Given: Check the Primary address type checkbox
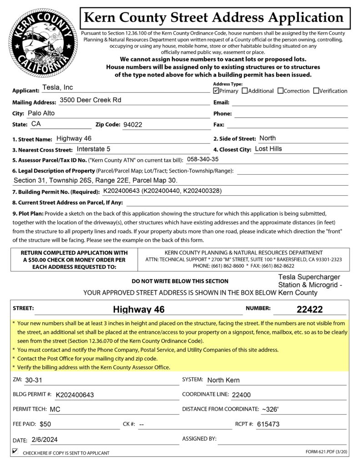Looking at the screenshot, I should (x=216, y=91).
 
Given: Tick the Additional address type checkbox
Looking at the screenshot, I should (x=245, y=91).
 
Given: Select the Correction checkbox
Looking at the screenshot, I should (x=280, y=91).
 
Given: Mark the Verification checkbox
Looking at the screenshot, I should (x=316, y=91).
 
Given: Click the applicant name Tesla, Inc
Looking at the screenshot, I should (x=57, y=87).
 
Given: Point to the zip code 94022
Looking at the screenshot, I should (x=132, y=125).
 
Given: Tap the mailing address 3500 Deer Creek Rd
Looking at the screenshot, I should (x=90, y=100).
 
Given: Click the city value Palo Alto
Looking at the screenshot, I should (x=41, y=113).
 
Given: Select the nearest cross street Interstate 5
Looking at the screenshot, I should (x=93, y=149).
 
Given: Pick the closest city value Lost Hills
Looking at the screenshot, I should (x=268, y=149).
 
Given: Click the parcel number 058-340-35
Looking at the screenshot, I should (x=203, y=159).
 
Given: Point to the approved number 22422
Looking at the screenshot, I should (x=309, y=309).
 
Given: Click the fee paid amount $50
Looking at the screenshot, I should (x=46, y=424).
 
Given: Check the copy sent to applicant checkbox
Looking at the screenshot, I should (x=15, y=451).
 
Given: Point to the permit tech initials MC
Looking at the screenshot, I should (x=55, y=410).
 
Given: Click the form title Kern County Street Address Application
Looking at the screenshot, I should (x=214, y=18).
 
